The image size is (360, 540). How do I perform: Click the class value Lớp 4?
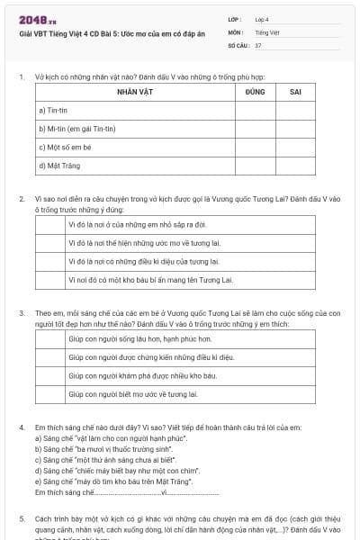262,18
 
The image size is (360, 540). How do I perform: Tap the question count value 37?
258,44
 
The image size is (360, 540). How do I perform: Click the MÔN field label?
235,31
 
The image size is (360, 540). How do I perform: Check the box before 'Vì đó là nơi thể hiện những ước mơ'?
50,242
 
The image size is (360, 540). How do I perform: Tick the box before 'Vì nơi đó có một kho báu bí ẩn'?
50,280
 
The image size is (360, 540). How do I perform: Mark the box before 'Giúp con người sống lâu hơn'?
50,339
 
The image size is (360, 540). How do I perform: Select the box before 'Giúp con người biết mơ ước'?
50,394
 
